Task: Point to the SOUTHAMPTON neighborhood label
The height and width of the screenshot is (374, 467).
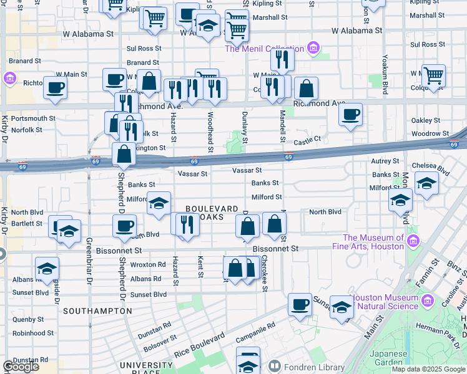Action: coord(97,310)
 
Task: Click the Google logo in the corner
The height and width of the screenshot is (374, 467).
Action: coord(21,367)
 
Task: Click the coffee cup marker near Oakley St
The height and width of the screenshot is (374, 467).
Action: coord(351,114)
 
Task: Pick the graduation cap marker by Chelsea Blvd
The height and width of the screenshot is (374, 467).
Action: coord(426,183)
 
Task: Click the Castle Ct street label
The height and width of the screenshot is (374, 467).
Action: coord(307,141)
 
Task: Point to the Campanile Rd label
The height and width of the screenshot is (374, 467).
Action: coord(254,334)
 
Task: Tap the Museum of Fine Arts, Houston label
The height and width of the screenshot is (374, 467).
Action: coord(373,242)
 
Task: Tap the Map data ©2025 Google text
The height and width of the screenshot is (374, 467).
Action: coord(428,369)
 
